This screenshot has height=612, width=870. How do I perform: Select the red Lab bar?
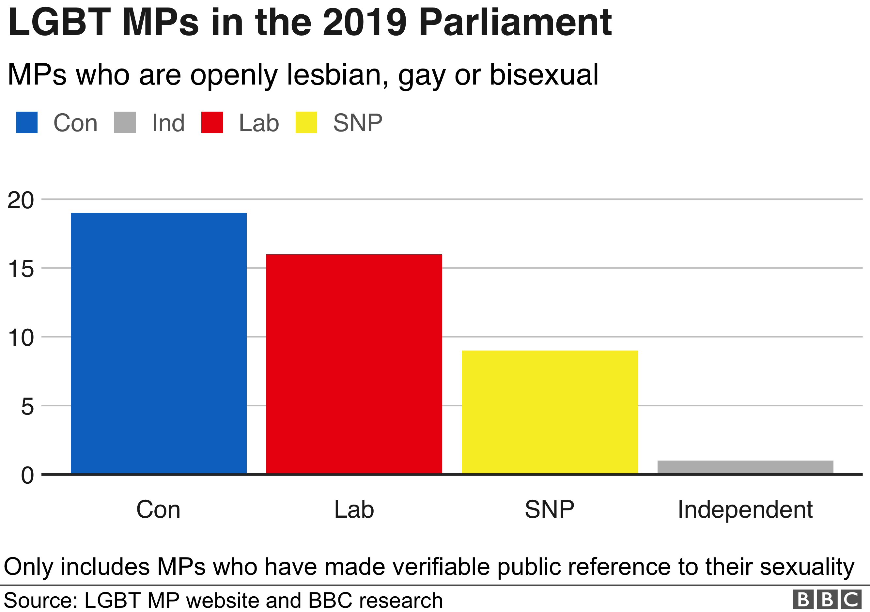[x=354, y=364]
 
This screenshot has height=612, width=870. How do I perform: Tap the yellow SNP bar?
[x=550, y=412]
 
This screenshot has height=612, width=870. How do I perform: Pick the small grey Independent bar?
[x=745, y=466]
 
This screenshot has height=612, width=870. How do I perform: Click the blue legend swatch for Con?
[x=26, y=122]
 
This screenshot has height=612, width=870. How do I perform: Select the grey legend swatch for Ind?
[x=125, y=122]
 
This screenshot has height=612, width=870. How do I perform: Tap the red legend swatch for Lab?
[x=212, y=122]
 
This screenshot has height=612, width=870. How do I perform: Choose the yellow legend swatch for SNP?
[x=306, y=122]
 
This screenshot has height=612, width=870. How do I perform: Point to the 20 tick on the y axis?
[x=21, y=200]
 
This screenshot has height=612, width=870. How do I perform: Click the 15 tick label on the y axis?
[x=21, y=269]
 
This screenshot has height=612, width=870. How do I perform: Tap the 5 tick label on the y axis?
[x=27, y=407]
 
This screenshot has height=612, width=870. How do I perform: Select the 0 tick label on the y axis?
[x=27, y=475]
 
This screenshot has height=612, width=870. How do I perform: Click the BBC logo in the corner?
[x=827, y=600]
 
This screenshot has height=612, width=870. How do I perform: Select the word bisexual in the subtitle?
[x=544, y=75]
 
